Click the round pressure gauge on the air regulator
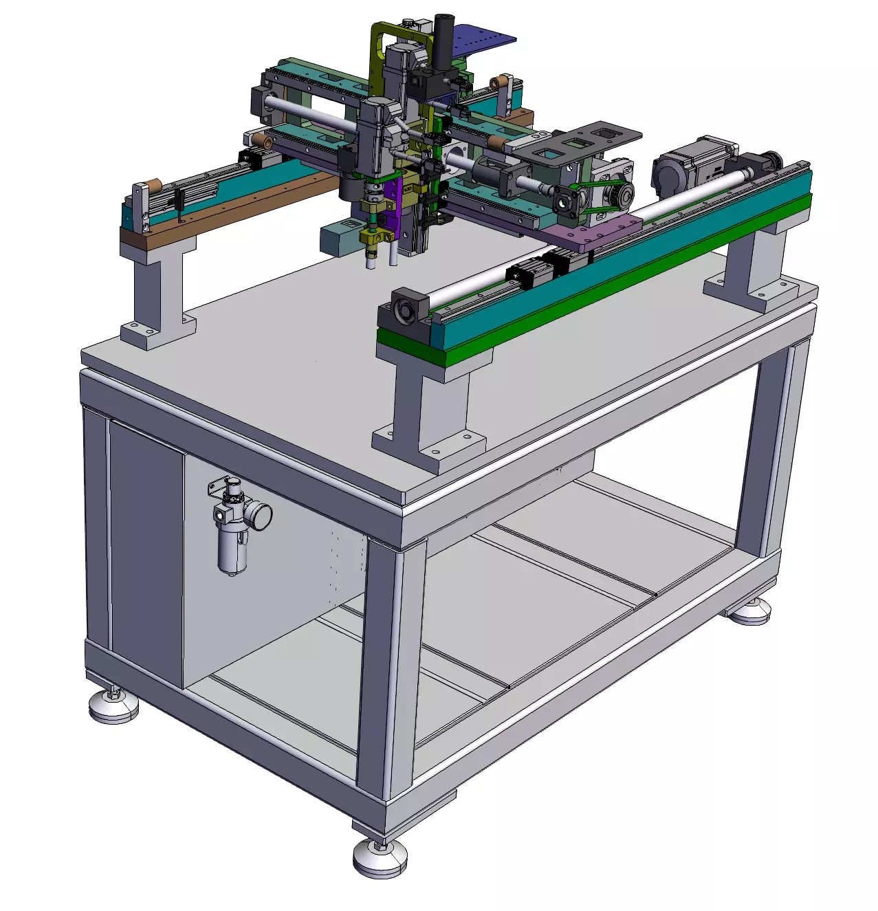[260, 515]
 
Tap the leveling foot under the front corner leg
[380, 857]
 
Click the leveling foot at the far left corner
[113, 705]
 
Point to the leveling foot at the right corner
[749, 611]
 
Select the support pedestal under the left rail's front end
[158, 296]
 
